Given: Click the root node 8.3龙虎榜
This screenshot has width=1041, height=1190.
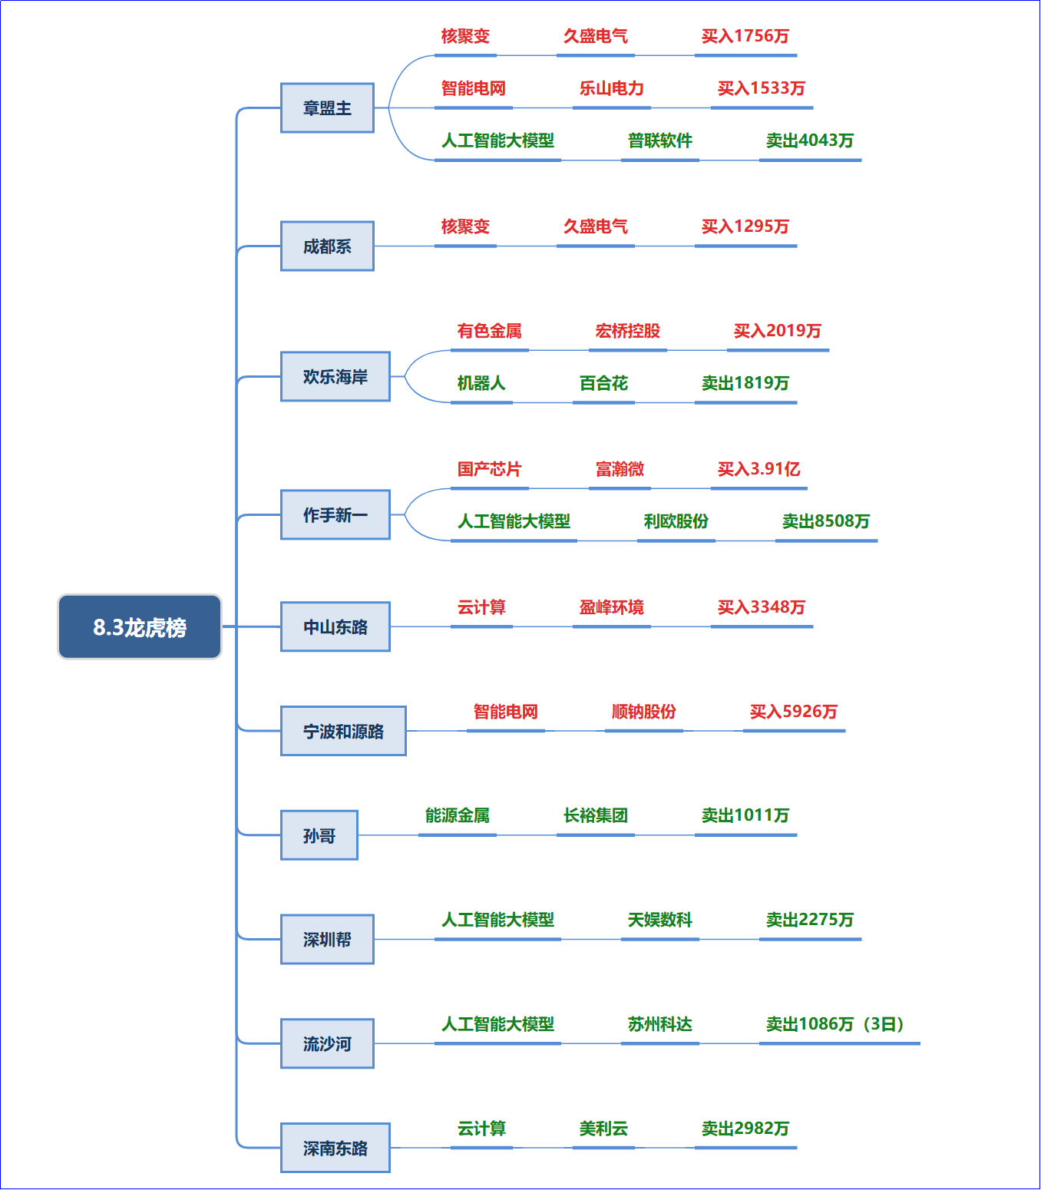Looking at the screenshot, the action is click(x=140, y=626).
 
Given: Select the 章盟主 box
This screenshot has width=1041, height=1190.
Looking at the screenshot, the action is click(x=327, y=107).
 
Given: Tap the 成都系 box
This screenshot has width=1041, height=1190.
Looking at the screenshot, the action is click(x=327, y=246).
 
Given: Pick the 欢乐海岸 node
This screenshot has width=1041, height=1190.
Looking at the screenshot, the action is click(x=335, y=376).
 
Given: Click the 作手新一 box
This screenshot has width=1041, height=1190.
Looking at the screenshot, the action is click(x=335, y=514).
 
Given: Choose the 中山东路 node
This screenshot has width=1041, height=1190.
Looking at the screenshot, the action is click(x=335, y=626).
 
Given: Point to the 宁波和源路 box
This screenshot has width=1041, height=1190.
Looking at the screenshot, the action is click(x=344, y=731).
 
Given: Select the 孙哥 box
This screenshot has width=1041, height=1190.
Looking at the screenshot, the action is click(x=319, y=835).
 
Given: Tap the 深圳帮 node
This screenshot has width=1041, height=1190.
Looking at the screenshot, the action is click(x=327, y=939).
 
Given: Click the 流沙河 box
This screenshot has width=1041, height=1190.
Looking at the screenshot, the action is click(x=327, y=1043).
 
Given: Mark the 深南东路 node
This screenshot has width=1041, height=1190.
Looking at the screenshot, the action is click(x=335, y=1148).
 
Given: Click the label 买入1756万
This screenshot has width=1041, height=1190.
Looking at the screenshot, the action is click(x=745, y=36).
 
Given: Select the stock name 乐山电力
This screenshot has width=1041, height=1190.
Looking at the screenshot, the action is click(x=611, y=88).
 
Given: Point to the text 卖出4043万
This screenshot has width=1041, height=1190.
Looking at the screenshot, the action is click(x=809, y=140).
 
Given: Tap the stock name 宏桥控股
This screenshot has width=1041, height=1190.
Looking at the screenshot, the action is click(x=627, y=331).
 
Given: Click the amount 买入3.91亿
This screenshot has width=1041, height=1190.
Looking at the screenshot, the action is click(x=758, y=469).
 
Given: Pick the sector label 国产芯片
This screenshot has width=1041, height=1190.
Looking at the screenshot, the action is click(x=489, y=469).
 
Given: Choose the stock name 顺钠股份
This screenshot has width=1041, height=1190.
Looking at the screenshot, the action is click(x=644, y=712).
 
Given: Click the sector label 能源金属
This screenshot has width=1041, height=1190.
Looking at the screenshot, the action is click(x=457, y=815).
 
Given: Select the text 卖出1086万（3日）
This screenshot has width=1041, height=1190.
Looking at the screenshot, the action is click(x=835, y=1023).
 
